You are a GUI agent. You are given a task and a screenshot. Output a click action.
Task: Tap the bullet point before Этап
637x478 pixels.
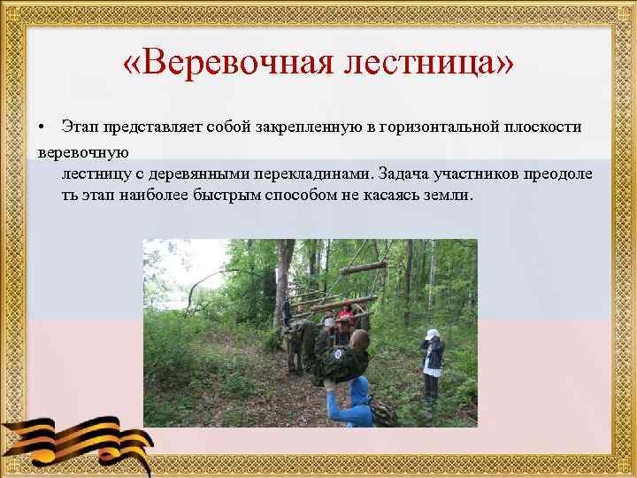tap(42, 127)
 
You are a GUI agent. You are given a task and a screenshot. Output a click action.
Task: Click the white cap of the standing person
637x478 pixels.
tap(432, 335)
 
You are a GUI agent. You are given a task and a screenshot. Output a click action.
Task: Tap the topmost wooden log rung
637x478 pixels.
tap(363, 267)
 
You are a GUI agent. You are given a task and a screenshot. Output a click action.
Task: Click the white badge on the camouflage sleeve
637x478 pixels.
tap(339, 355)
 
